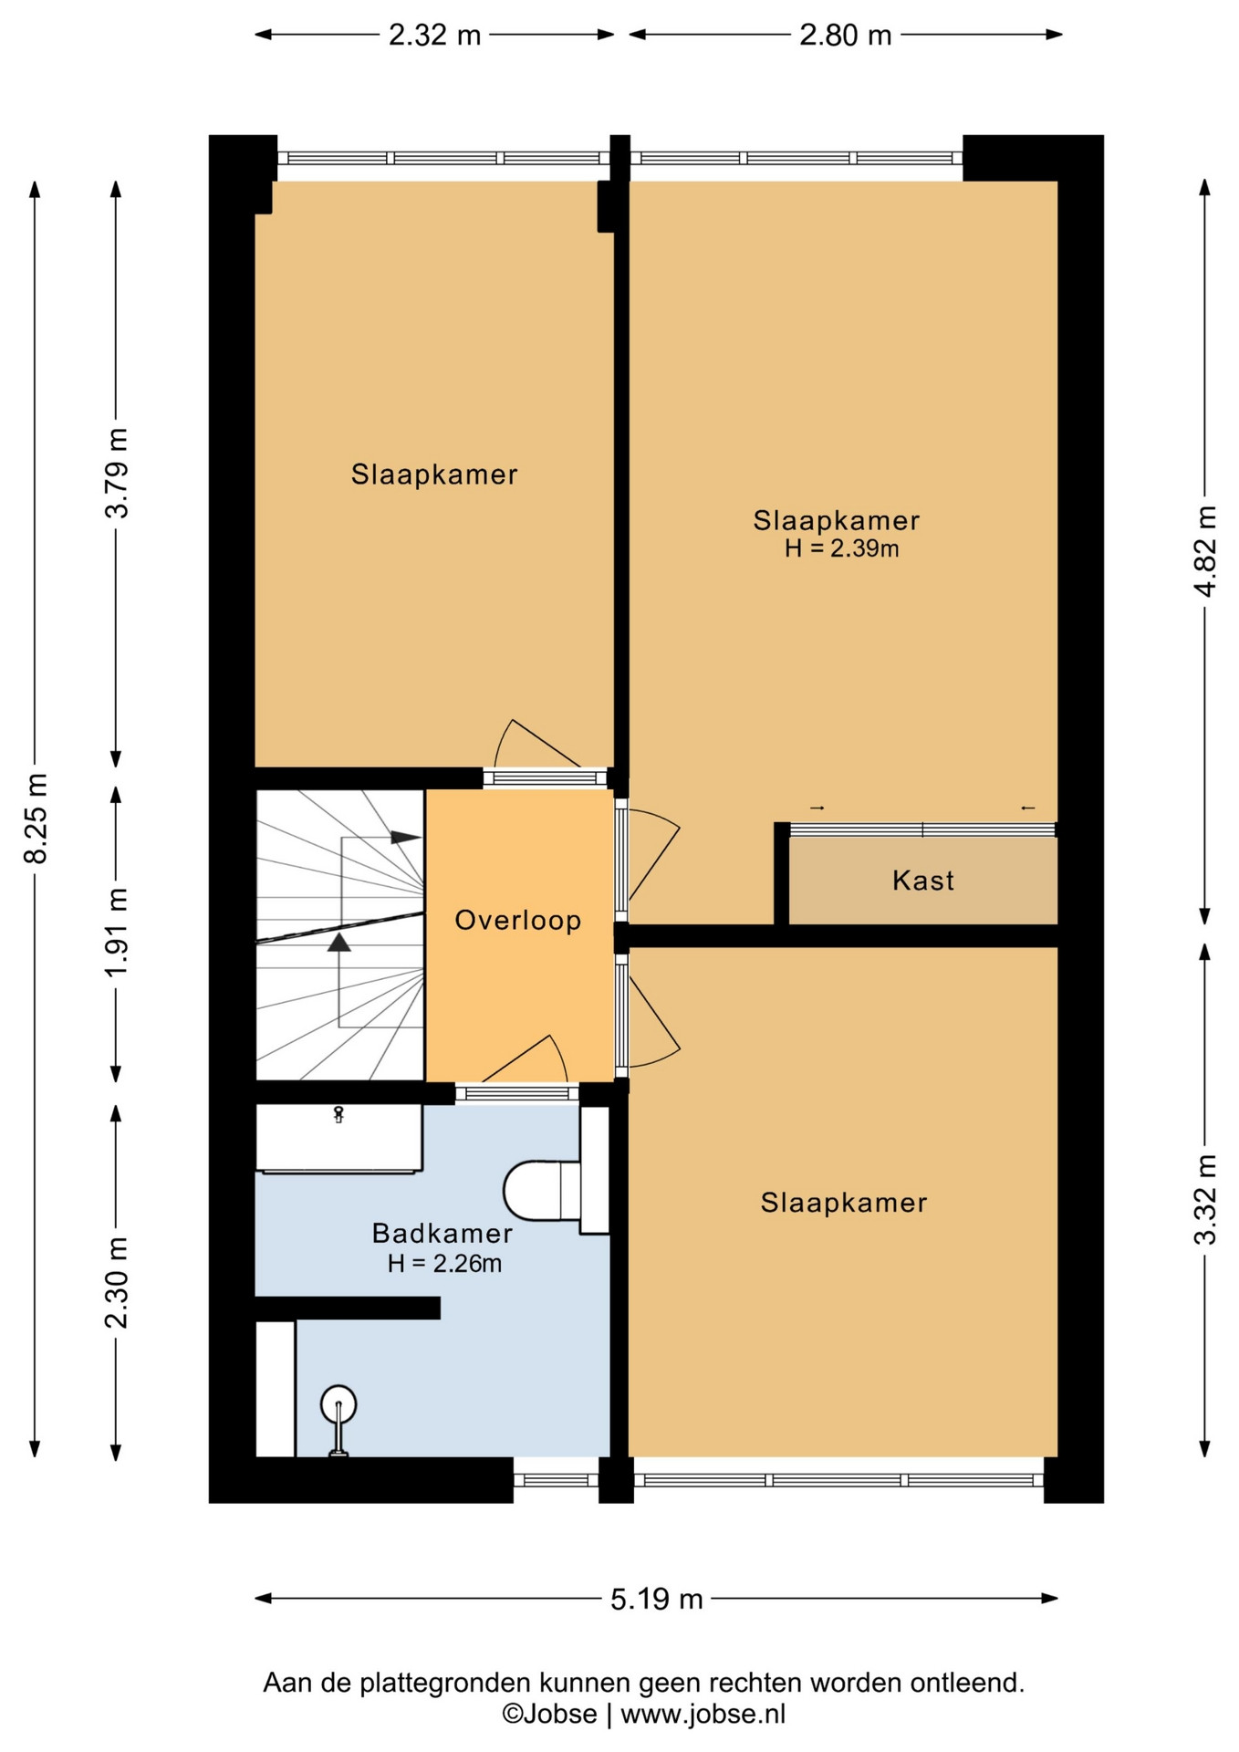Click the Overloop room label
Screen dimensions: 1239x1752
click(518, 920)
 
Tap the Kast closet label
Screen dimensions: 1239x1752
click(923, 881)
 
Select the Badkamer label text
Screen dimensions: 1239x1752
click(442, 1234)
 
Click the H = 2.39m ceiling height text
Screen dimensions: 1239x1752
click(841, 548)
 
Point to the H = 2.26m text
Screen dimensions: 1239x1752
click(444, 1264)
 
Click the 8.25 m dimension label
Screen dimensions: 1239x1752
click(36, 818)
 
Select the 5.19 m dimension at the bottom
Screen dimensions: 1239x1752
click(657, 1599)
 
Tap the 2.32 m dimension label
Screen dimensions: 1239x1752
click(434, 35)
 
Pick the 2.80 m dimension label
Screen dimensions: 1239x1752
click(846, 35)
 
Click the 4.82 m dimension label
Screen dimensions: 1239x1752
click(1205, 551)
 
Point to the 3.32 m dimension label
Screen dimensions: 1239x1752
click(1205, 1200)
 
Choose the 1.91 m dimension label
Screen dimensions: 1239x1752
click(116, 932)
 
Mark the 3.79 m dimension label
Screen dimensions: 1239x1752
click(116, 473)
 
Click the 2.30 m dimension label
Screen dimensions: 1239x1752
click(116, 1283)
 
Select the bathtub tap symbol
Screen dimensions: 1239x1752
click(338, 1114)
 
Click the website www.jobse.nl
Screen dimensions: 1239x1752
click(703, 1715)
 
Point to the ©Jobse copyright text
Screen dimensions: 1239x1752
click(549, 1715)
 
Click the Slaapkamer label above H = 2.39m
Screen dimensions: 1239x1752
click(837, 521)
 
